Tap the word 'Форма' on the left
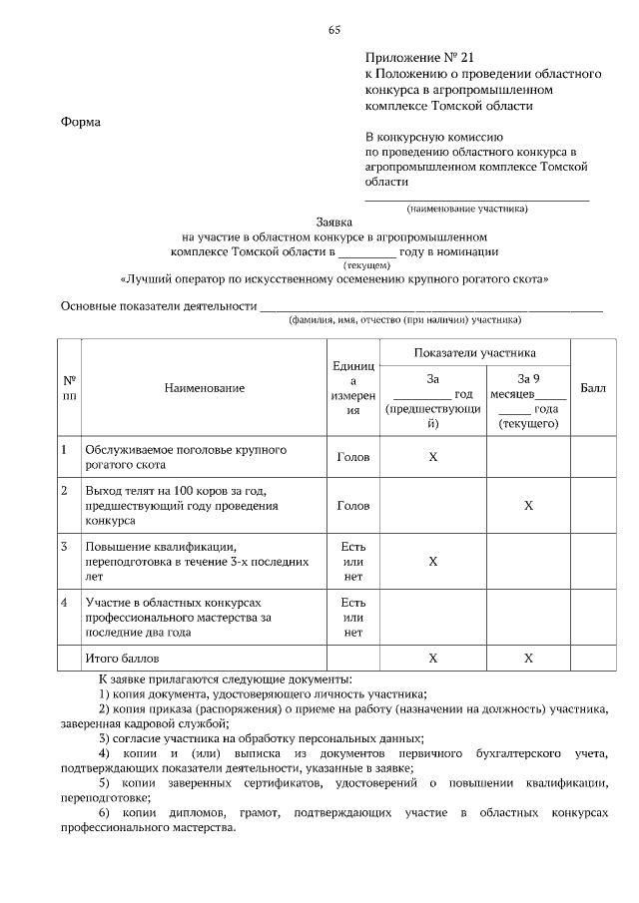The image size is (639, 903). [81, 122]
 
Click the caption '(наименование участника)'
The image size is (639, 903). [465, 209]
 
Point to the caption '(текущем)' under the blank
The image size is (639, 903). [366, 266]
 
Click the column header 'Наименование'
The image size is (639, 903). [204, 387]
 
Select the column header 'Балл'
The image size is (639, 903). [592, 387]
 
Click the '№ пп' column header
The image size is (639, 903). [70, 387]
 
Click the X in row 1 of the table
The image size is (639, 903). [432, 456]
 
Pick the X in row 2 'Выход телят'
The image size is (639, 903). [528, 506]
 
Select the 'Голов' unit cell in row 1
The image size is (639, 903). [353, 457]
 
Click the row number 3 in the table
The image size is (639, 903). [64, 546]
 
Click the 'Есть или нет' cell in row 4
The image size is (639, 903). [353, 617]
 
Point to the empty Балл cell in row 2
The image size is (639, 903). [592, 506]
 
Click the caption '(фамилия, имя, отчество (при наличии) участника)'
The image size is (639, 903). [404, 321]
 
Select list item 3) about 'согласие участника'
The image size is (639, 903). [261, 738]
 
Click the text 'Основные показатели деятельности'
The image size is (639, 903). [158, 306]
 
